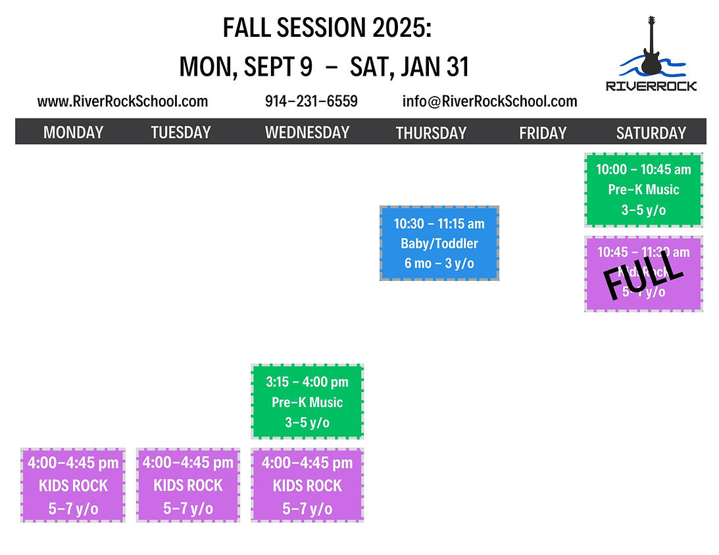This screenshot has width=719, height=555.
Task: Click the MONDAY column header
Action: (x=73, y=132)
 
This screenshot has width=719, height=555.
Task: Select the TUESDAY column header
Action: (x=181, y=132)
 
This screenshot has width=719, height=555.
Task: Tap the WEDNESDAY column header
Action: (x=307, y=132)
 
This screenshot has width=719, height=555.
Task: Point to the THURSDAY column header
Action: (x=431, y=133)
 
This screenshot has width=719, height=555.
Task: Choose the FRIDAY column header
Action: (x=543, y=133)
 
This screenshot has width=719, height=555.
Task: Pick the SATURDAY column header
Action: (x=651, y=133)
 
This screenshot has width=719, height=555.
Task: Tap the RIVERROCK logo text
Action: (x=651, y=85)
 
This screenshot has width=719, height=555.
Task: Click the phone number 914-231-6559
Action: (x=311, y=101)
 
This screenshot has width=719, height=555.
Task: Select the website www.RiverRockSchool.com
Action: (x=122, y=101)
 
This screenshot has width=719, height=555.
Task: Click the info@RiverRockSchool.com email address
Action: (x=489, y=101)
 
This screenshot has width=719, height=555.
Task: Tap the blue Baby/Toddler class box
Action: (x=439, y=243)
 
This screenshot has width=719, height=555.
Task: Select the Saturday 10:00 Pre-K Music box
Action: (x=643, y=189)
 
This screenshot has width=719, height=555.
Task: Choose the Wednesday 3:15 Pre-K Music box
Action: (x=307, y=401)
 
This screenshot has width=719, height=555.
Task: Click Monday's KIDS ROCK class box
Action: (x=73, y=485)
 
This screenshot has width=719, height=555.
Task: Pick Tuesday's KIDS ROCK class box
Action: (x=188, y=485)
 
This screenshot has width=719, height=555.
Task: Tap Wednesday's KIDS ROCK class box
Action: (x=307, y=485)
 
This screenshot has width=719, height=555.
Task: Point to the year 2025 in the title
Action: (x=396, y=28)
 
